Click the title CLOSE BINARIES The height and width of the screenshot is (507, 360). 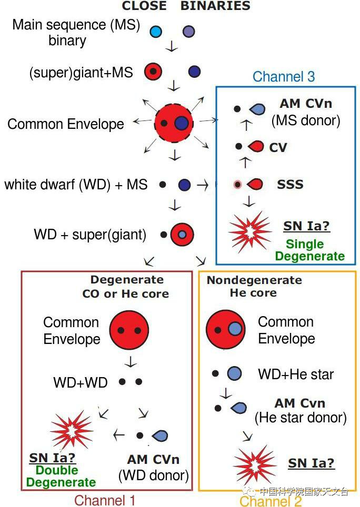[x=186, y=6]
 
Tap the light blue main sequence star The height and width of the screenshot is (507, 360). [x=156, y=32]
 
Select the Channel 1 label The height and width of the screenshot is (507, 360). [x=105, y=500]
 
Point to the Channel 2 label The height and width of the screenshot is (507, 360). [x=271, y=501]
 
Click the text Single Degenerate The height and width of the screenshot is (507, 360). [x=309, y=250]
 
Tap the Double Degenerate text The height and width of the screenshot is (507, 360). [x=61, y=476]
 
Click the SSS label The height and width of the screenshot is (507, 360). [x=290, y=185]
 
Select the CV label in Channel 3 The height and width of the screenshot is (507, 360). [x=278, y=147]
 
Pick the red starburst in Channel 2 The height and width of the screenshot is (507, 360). [x=255, y=465]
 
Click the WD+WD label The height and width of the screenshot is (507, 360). [x=80, y=382]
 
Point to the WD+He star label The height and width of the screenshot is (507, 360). [x=295, y=374]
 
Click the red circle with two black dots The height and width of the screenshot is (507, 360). [x=129, y=330]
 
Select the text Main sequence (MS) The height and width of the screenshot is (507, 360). [x=76, y=25]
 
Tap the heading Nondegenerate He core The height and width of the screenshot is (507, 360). [x=254, y=287]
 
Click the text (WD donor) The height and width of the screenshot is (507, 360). [x=153, y=475]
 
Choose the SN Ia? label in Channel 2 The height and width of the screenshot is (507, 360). [x=311, y=463]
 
